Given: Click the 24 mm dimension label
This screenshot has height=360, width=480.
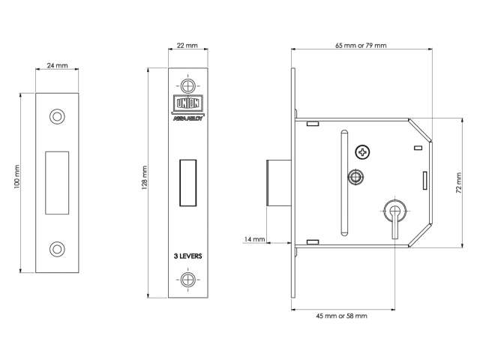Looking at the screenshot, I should pyautogui.click(x=57, y=66).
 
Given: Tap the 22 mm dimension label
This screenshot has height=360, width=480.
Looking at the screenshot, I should pyautogui.click(x=187, y=46).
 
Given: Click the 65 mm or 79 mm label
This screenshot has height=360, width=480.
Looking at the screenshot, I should pyautogui.click(x=361, y=46).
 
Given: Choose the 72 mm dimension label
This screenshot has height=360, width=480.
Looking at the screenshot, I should pyautogui.click(x=458, y=182).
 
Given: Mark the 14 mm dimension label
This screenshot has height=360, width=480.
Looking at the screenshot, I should pyautogui.click(x=255, y=239).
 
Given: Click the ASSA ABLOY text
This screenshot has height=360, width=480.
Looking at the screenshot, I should pyautogui.click(x=187, y=118).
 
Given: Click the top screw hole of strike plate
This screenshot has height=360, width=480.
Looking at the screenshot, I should pyautogui.click(x=57, y=116).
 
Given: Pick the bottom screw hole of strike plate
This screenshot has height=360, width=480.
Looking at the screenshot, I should pyautogui.click(x=57, y=249).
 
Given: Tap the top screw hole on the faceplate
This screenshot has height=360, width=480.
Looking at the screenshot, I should pyautogui.click(x=187, y=84).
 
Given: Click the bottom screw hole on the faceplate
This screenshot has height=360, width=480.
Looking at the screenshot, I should pyautogui.click(x=187, y=280).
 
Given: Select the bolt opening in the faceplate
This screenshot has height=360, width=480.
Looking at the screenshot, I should pyautogui.click(x=187, y=182).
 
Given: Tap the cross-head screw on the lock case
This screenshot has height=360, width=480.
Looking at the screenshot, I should pyautogui.click(x=364, y=153).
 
